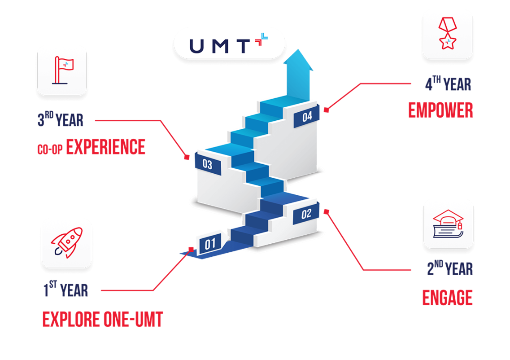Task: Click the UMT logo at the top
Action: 229,44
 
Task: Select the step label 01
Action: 210,244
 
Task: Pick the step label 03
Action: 207,164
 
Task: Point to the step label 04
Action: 307,116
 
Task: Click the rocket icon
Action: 66,243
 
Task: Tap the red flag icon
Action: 61,70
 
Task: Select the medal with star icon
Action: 447,34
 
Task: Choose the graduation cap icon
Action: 448,224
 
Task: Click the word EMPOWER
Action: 440,110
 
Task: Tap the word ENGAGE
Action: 447,298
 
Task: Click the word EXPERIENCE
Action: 106,147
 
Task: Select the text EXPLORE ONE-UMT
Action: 103,319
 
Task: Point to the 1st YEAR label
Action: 66,290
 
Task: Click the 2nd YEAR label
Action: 449,269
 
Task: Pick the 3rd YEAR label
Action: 61,120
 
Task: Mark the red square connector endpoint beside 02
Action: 326,211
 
